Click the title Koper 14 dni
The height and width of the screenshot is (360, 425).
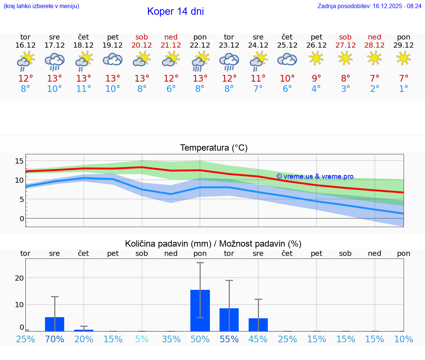point(175,11)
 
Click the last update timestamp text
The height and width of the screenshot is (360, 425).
point(369,6)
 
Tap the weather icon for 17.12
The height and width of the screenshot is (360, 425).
point(55,61)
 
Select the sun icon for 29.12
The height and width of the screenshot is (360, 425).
point(404,58)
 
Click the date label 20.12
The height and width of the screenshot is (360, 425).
point(142,45)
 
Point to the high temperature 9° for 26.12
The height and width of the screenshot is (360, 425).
point(316,78)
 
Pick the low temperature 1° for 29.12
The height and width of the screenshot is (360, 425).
point(404,89)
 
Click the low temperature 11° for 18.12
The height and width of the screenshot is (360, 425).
point(84,89)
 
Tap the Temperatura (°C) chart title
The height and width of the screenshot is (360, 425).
point(214,148)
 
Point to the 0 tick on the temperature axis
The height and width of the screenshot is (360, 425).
point(22,218)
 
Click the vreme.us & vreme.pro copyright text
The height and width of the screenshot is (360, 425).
point(315,176)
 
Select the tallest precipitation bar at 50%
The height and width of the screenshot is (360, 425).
point(200,311)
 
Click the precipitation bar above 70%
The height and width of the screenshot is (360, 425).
point(55,324)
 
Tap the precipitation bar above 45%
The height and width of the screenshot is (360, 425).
point(258,325)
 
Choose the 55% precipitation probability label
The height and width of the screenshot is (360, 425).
point(229,339)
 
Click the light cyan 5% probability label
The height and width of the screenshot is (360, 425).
point(142,339)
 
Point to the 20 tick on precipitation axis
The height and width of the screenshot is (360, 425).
point(19,278)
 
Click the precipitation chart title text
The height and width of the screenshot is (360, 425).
point(213,244)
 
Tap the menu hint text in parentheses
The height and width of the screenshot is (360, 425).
point(41,6)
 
